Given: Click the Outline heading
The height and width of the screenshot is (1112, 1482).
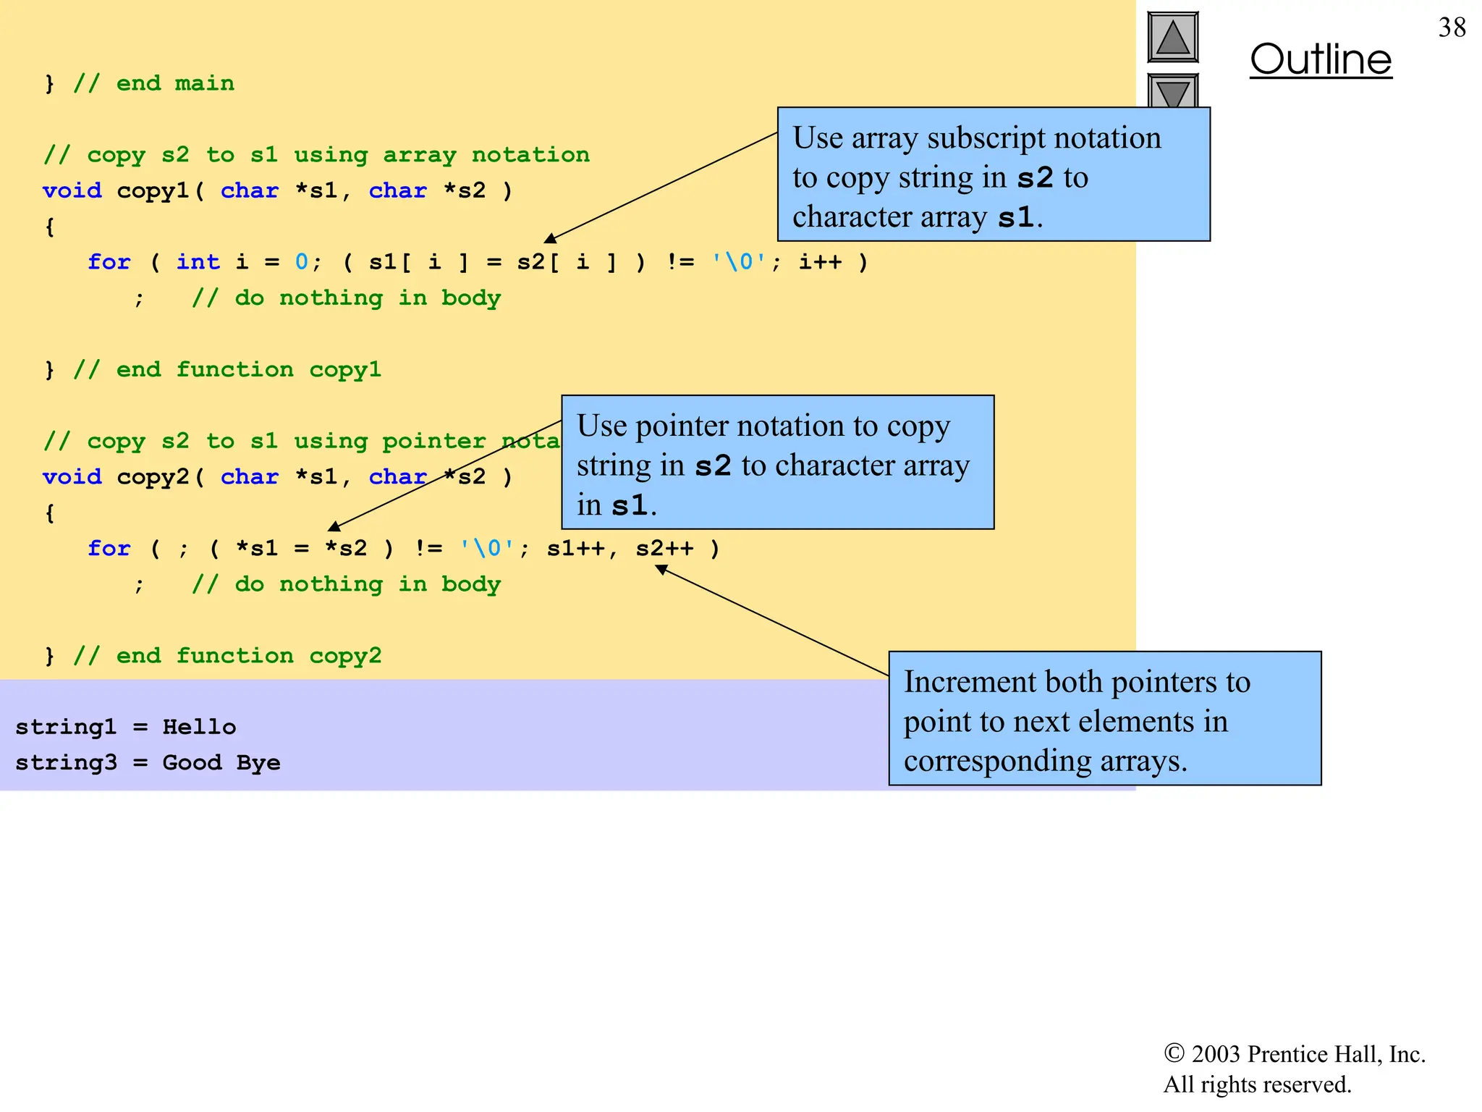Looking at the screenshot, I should (x=1320, y=59).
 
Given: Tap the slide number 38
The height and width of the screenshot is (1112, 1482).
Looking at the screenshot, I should (x=1452, y=28).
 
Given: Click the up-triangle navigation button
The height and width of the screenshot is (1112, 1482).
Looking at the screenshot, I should (x=1172, y=38).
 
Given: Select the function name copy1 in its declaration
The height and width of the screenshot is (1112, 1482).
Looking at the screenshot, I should (x=153, y=191).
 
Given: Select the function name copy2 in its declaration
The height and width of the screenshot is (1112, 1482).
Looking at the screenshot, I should (x=153, y=477).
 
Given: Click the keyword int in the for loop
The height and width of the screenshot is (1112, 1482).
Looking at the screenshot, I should (x=198, y=262).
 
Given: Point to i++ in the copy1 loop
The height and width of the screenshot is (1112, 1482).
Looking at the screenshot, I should (x=820, y=262).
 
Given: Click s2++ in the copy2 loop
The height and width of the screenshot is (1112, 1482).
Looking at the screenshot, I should (x=664, y=549).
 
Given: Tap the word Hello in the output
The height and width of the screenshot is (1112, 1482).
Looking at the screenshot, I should (x=199, y=727).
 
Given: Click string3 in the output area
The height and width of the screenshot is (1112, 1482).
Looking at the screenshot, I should (x=66, y=762).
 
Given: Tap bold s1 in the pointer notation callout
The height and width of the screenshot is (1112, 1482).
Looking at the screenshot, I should (x=629, y=505).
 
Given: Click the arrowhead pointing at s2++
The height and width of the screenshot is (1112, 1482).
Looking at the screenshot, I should (x=660, y=570).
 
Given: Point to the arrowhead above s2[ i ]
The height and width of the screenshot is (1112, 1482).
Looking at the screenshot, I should (x=550, y=239).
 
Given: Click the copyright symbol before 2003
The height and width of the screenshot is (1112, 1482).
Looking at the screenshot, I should (x=1173, y=1053).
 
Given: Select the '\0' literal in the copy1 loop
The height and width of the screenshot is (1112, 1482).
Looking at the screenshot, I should (x=739, y=262).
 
